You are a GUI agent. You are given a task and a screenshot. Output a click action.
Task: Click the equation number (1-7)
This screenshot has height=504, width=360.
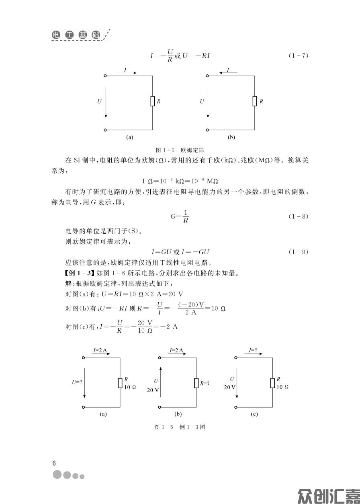point(298,56)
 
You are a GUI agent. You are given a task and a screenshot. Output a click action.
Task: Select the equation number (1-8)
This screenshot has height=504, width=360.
point(298,217)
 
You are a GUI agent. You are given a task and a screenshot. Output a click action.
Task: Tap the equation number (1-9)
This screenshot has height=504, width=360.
point(298,252)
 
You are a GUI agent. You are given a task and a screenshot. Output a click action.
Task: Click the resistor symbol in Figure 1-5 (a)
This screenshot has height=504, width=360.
point(153,101)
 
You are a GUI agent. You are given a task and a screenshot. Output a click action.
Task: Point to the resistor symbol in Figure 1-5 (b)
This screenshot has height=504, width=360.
point(255,101)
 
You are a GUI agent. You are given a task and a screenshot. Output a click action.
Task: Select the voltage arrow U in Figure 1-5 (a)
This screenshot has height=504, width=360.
point(106,102)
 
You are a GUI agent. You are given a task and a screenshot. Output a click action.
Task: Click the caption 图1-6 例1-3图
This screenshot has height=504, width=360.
point(180,427)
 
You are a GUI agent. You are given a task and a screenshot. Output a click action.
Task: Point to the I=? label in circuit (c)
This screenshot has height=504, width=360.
point(253,350)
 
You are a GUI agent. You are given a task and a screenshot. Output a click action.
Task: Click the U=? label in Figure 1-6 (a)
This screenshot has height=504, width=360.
point(77,382)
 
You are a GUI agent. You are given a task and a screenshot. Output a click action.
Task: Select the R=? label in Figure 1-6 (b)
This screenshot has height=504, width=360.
point(205,383)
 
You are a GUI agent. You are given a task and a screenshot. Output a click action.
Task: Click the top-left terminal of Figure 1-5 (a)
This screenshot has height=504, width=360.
point(105,75)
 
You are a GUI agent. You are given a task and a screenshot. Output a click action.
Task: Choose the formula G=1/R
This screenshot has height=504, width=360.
point(180,216)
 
